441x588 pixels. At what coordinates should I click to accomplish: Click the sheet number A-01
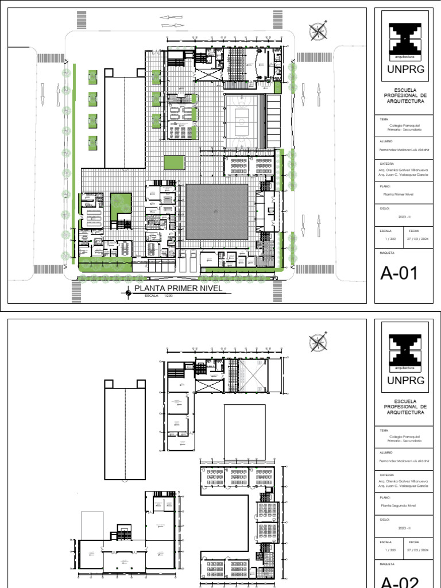point(398,273)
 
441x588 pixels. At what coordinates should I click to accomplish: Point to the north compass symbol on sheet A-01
point(318,31)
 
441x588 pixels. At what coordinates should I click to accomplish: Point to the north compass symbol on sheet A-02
point(318,342)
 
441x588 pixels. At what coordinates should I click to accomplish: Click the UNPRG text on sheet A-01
point(405,70)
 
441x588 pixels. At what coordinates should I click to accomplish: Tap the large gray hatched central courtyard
point(217,211)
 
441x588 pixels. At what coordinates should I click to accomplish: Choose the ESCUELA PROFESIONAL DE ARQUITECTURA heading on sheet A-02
point(405,407)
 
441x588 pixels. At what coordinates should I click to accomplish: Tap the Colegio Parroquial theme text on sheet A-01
point(400,128)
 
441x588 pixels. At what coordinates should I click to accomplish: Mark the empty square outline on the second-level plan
point(244,431)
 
